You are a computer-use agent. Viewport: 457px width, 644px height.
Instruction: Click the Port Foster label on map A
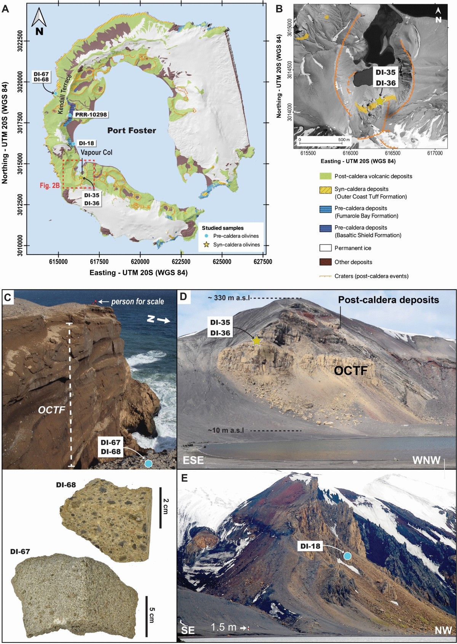click(132, 130)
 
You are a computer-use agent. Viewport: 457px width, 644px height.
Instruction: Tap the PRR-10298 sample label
click(91, 114)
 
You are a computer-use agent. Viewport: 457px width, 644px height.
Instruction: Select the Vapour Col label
click(97, 152)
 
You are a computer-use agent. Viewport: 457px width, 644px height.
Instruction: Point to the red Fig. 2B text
click(50, 186)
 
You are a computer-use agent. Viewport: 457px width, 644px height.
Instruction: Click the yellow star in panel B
click(380, 101)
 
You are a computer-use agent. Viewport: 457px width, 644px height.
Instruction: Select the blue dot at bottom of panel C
click(148, 463)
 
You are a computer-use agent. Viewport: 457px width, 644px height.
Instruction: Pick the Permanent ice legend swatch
click(326, 248)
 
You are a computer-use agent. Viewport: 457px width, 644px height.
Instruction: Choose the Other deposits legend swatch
click(326, 262)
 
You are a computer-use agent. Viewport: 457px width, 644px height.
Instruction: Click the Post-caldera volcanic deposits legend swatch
click(326, 176)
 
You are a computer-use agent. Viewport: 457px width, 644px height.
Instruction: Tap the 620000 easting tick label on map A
click(140, 262)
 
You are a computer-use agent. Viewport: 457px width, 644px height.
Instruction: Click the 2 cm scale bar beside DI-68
click(160, 507)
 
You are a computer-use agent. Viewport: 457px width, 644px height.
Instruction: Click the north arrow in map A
click(39, 22)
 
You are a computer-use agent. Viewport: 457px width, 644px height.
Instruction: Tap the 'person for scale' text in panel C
click(137, 302)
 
